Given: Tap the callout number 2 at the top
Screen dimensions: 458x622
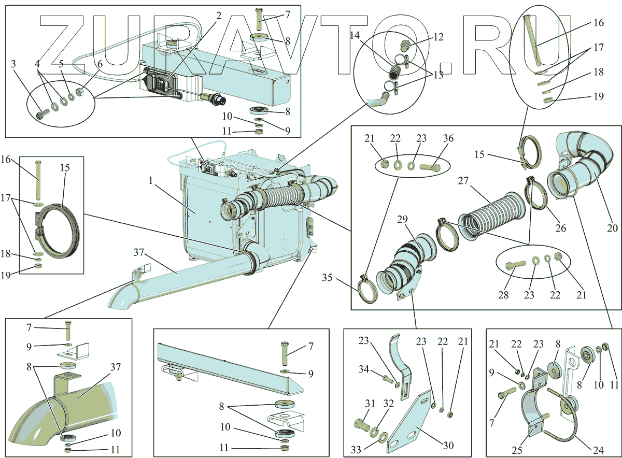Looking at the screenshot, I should click(x=219, y=16).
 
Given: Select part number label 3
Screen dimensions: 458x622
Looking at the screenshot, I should click(x=13, y=64).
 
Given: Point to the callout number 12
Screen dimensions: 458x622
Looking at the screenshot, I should click(x=439, y=37).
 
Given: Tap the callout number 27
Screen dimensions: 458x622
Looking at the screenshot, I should click(x=463, y=181).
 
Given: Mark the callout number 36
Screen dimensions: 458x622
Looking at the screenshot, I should click(x=447, y=139).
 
